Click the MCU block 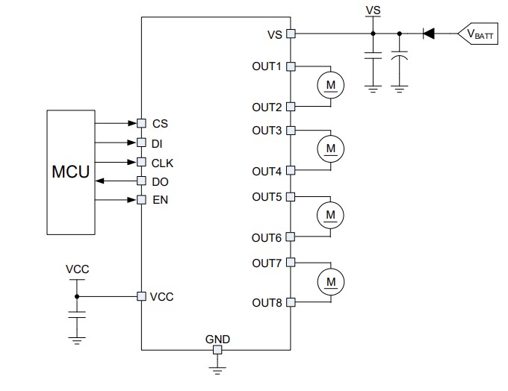coord(70,172)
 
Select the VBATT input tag coord(478,34)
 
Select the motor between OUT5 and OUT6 coord(329,216)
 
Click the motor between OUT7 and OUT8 coord(329,281)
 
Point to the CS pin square coord(141,123)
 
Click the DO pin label coord(160,181)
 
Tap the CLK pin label coord(163,162)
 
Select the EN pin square coord(141,200)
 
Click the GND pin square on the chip coord(217,349)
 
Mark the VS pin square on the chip coord(291,34)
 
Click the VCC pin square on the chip coord(141,296)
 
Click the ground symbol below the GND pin coord(217,367)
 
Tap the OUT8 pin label coord(267,302)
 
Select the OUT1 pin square coord(291,66)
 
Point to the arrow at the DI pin coord(131,143)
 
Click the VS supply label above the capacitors coord(373,10)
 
